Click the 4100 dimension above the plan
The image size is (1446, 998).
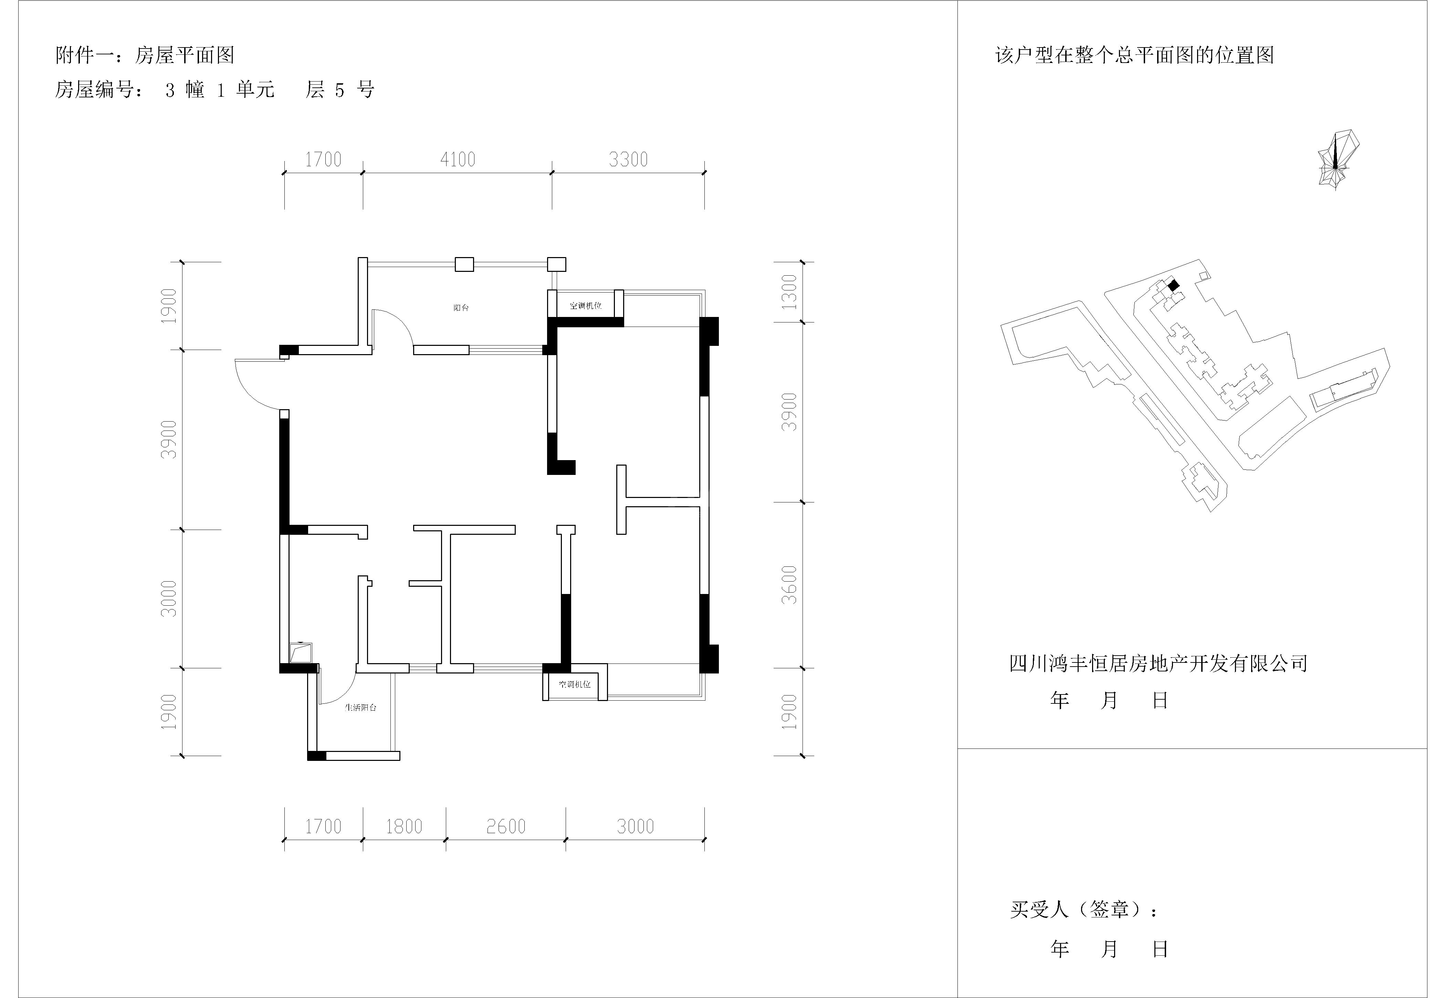(x=458, y=159)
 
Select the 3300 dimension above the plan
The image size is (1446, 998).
(x=629, y=159)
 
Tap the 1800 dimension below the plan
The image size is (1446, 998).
(x=404, y=827)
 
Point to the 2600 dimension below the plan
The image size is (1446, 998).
(x=506, y=827)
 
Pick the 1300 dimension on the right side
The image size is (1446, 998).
(x=790, y=292)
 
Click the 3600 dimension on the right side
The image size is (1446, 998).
(x=790, y=585)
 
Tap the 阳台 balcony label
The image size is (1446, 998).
(x=461, y=308)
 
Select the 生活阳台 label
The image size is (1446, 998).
(x=361, y=707)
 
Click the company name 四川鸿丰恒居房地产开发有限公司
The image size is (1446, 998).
(x=1158, y=663)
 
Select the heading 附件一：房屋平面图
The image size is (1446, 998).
(x=145, y=56)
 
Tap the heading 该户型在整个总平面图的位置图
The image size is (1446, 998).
(x=1134, y=56)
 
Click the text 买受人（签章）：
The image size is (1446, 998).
(x=1084, y=909)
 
